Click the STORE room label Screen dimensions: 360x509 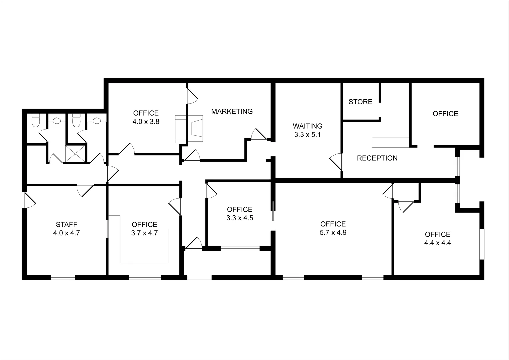click(x=360, y=102)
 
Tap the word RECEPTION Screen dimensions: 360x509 click(x=377, y=158)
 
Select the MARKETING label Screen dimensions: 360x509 click(x=232, y=111)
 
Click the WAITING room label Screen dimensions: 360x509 click(x=307, y=126)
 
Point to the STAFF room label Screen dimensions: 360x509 click(x=66, y=224)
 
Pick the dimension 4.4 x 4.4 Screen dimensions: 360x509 click(x=437, y=243)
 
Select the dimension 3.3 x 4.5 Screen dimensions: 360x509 click(x=239, y=218)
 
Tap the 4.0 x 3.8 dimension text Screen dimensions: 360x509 click(x=146, y=122)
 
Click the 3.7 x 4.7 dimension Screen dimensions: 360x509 click(x=144, y=233)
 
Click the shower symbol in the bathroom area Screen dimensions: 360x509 click(x=75, y=154)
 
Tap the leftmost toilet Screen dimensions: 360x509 click(x=35, y=121)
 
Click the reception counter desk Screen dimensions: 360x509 click(x=390, y=142)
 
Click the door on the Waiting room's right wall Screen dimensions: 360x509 click(x=336, y=162)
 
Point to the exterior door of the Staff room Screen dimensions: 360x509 click(x=30, y=200)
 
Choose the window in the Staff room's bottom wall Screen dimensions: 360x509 click(x=63, y=277)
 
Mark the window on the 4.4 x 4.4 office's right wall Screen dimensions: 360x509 click(x=482, y=244)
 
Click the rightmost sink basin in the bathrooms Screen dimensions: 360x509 click(x=97, y=120)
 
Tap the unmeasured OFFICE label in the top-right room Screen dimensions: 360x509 click(x=445, y=114)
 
